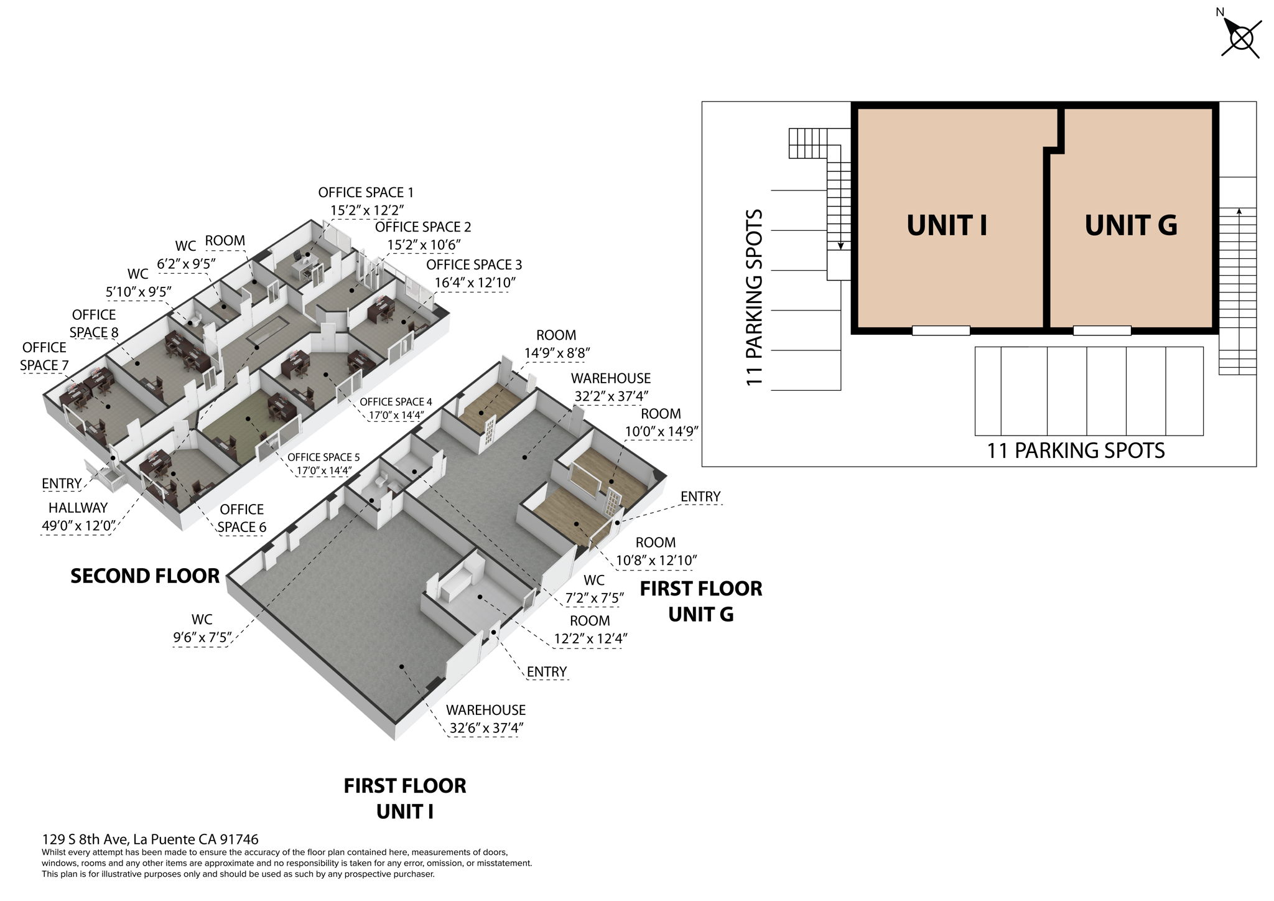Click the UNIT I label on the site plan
pyautogui.click(x=947, y=225)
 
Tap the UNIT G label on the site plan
pyautogui.click(x=1131, y=225)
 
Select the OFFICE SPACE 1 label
pyautogui.click(x=366, y=192)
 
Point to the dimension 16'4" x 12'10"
pyautogui.click(x=475, y=282)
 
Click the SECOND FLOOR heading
pyautogui.click(x=145, y=576)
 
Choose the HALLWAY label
pyautogui.click(x=78, y=508)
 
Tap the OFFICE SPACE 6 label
pyautogui.click(x=242, y=518)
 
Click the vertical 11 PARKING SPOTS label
pyautogui.click(x=754, y=297)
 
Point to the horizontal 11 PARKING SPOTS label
pyautogui.click(x=1076, y=450)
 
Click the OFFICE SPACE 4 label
pyautogui.click(x=396, y=402)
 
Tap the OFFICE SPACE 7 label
pyautogui.click(x=44, y=357)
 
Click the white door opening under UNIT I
pyautogui.click(x=941, y=330)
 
